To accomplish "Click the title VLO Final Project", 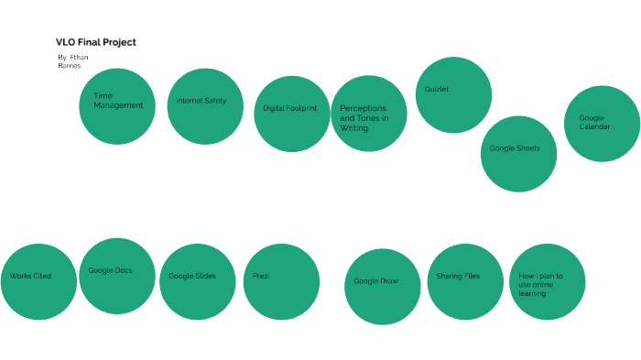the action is click(96, 42).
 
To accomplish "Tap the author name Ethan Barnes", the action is click(72, 61).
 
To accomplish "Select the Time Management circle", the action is click(117, 106).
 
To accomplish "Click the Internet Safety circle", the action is click(205, 106).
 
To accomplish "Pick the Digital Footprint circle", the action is click(291, 114).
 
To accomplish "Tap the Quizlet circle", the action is click(453, 95).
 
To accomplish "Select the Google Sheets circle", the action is click(518, 153).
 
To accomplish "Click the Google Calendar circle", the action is click(601, 124).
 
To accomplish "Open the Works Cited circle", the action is click(38, 281).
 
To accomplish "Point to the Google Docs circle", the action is click(117, 276).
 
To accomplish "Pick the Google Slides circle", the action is click(197, 281).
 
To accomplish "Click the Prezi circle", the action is click(281, 281).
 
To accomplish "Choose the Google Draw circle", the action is click(383, 286).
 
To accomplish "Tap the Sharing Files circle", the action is click(465, 281).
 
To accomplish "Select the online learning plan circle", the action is click(547, 281).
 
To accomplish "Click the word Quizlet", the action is click(437, 90).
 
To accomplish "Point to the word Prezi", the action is click(261, 276).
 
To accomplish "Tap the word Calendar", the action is click(594, 126).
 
